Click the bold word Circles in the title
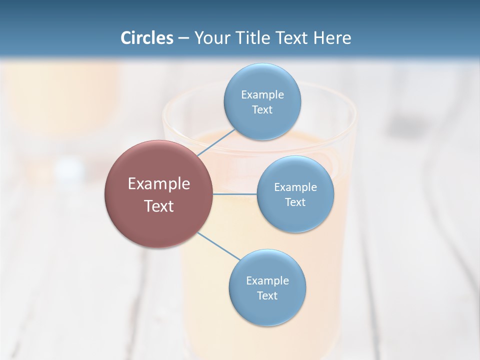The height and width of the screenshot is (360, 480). (147, 38)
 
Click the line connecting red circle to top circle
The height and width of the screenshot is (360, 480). (216, 142)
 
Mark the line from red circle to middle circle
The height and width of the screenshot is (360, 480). (235, 194)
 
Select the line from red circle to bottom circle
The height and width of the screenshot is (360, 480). (219, 246)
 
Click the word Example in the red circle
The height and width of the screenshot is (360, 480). (159, 184)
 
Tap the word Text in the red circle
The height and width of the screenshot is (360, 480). (159, 206)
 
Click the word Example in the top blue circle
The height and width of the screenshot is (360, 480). (262, 95)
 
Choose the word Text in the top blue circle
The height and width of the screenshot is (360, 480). (262, 110)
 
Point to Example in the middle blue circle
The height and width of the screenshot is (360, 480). (295, 187)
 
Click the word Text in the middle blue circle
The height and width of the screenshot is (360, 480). (295, 202)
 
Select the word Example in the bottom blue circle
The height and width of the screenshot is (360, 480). (267, 281)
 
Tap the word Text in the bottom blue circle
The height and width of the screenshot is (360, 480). (267, 296)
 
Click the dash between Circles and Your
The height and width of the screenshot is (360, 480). (183, 38)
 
